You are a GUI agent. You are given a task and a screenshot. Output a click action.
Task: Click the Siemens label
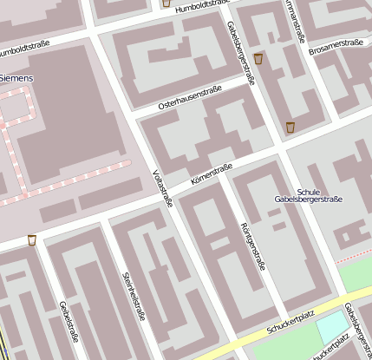pyautogui.click(x=16, y=78)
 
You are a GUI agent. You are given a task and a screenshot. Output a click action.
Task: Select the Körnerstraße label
pyautogui.click(x=212, y=173)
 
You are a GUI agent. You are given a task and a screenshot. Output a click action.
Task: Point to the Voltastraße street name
pyautogui.click(x=163, y=188)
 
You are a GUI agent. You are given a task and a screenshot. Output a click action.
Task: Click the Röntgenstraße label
pyautogui.click(x=251, y=246)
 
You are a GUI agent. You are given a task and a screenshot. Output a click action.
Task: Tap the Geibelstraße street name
pyautogui.click(x=65, y=323)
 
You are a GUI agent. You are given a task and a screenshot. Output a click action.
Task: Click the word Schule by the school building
pyautogui.click(x=308, y=192)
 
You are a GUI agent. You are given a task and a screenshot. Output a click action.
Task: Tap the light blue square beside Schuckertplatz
pyautogui.click(x=330, y=328)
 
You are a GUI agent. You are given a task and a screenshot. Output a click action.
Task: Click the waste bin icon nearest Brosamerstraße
pyautogui.click(x=258, y=59)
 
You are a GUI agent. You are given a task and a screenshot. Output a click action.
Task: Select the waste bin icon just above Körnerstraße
pyautogui.click(x=290, y=128)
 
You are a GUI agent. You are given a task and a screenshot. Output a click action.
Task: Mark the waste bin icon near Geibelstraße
pyautogui.click(x=32, y=240)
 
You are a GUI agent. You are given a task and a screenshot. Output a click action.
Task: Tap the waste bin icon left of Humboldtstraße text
pyautogui.click(x=166, y=3)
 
